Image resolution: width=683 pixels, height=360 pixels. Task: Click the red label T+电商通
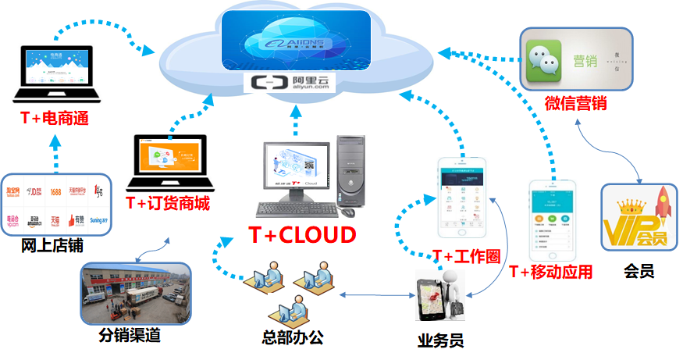point(55,119)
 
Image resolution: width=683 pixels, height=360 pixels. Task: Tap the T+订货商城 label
point(168,203)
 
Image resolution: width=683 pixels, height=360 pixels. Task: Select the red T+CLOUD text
point(302,233)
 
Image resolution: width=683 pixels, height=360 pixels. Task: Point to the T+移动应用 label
point(550,272)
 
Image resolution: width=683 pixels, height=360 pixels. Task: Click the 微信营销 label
point(576,102)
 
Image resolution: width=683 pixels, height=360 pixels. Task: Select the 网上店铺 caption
point(52,247)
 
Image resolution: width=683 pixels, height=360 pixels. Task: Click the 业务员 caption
point(440,340)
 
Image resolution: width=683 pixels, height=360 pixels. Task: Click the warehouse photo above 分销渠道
point(137,294)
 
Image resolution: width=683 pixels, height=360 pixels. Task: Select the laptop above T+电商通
point(57,74)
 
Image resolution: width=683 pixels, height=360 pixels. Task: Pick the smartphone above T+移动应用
point(553,220)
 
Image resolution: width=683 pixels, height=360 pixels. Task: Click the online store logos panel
point(57,205)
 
